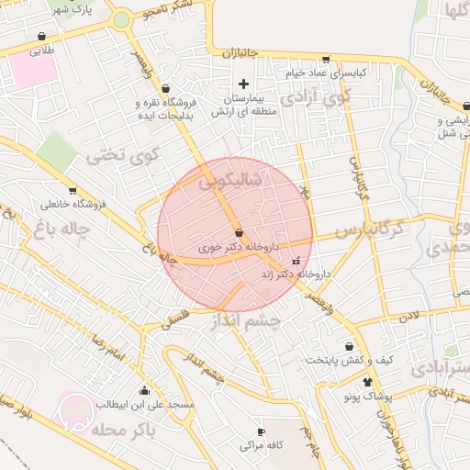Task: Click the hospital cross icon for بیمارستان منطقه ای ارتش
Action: (x=243, y=84)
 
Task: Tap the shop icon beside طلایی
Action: (x=42, y=37)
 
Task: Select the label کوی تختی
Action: (x=123, y=156)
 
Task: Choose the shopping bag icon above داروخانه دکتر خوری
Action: (x=239, y=233)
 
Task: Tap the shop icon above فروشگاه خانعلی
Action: (x=46, y=190)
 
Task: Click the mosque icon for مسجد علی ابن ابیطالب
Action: (x=144, y=390)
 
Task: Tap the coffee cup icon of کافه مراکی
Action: (x=261, y=431)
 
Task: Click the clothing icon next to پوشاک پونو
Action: (x=368, y=382)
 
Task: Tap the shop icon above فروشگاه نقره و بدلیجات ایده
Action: (x=165, y=89)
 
